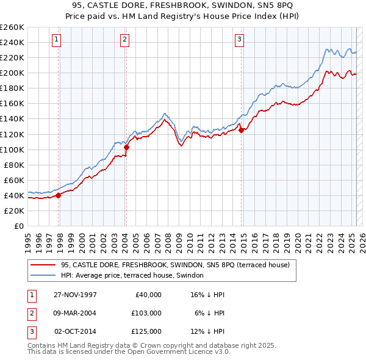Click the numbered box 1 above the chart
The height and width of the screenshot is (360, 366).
click(x=56, y=40)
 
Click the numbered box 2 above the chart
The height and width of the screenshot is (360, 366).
click(x=124, y=40)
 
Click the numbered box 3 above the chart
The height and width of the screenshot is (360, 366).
click(x=240, y=40)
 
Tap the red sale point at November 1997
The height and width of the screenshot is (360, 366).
click(x=59, y=195)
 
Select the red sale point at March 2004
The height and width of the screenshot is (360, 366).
click(x=126, y=147)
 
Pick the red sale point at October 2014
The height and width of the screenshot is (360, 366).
click(x=241, y=130)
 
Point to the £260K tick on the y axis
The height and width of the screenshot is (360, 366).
click(x=12, y=27)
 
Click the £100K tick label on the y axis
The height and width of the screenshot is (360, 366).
click(x=12, y=149)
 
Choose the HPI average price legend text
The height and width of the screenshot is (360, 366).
click(x=132, y=275)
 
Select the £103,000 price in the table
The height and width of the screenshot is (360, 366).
click(x=146, y=313)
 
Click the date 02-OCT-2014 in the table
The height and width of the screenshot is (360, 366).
click(x=75, y=331)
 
